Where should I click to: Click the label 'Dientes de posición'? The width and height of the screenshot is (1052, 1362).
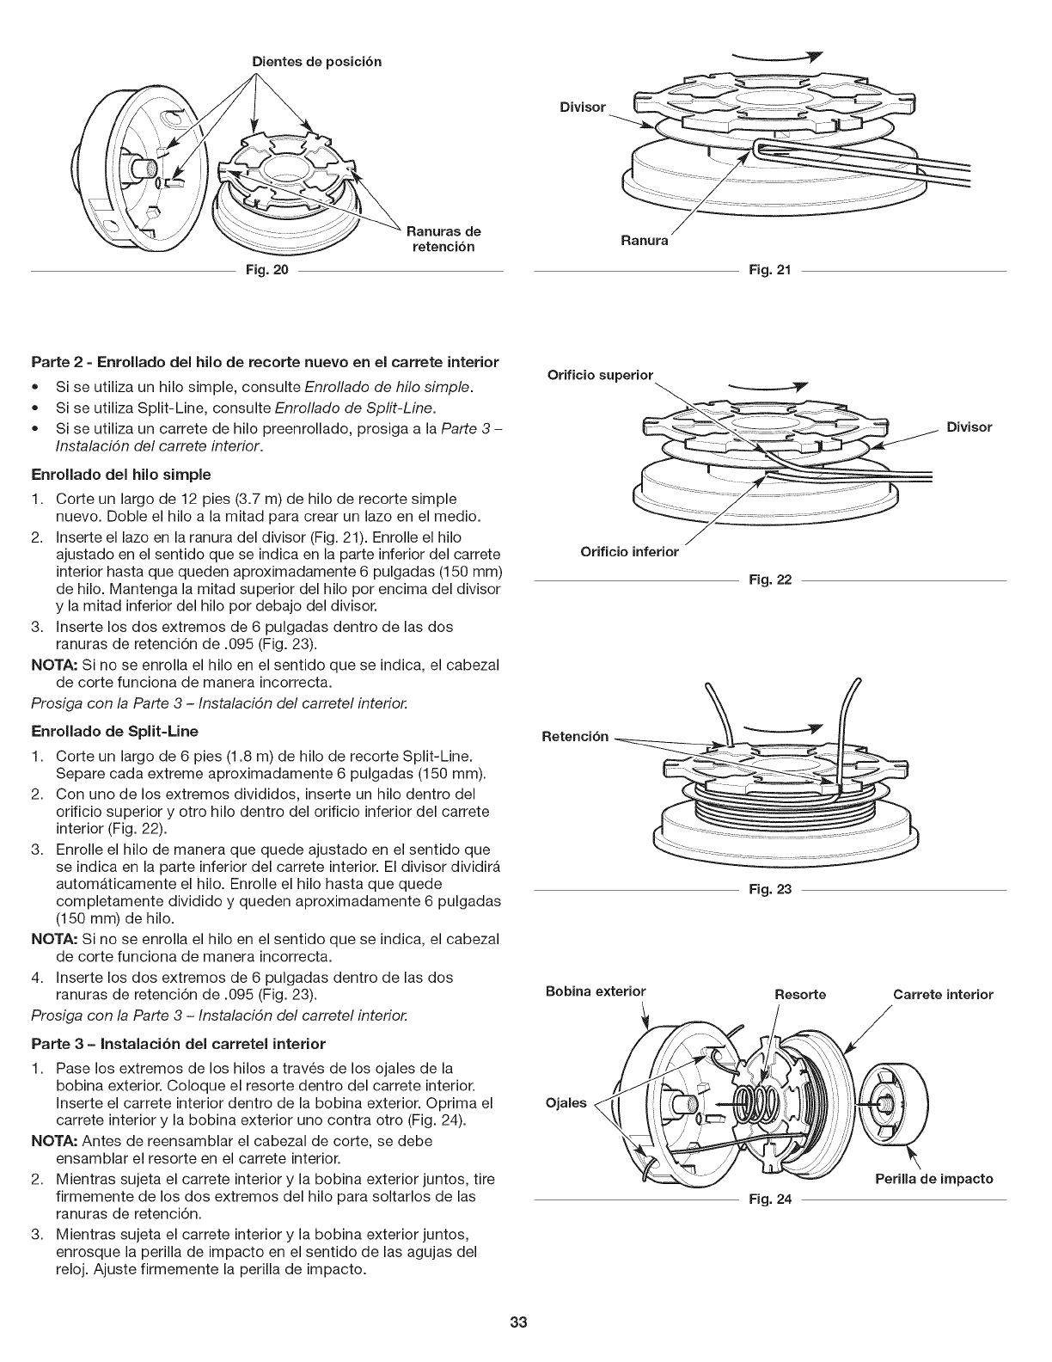(x=317, y=62)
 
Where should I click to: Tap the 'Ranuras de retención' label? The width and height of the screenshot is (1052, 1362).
(x=443, y=239)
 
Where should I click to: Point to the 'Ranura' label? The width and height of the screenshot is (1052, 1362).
(x=645, y=241)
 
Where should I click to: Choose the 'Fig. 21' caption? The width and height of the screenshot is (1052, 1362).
(x=769, y=270)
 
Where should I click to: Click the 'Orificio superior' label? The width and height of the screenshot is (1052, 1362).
(x=600, y=375)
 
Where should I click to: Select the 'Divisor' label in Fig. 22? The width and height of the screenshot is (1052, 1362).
(x=969, y=426)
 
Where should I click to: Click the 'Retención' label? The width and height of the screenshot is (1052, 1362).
(x=575, y=736)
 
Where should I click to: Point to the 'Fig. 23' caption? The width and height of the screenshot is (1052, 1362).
(x=769, y=889)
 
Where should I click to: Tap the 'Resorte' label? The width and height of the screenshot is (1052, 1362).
(x=800, y=995)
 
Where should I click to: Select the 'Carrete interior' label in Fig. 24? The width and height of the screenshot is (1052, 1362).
(x=943, y=995)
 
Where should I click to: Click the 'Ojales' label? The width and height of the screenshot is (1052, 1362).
(x=566, y=1103)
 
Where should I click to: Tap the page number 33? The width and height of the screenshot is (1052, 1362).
(x=517, y=1322)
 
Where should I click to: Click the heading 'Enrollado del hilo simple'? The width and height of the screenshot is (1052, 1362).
(x=133, y=474)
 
